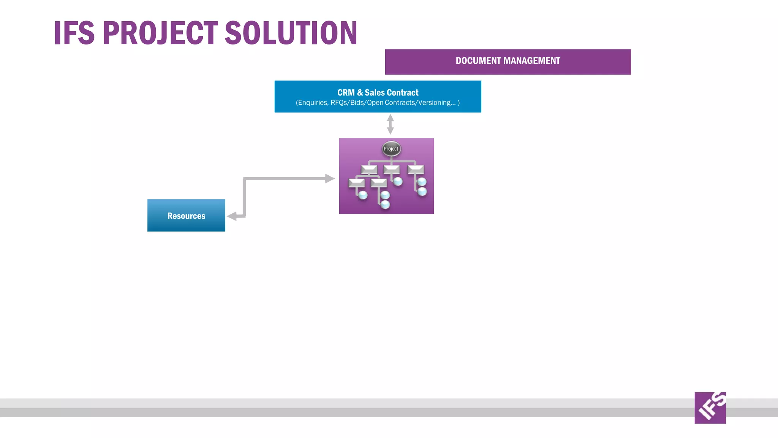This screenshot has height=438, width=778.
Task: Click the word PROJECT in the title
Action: (160, 33)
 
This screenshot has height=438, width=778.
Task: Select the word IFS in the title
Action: (74, 33)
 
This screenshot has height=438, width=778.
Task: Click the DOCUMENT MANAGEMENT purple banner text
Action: (508, 61)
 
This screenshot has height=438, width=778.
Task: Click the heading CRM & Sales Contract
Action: (378, 92)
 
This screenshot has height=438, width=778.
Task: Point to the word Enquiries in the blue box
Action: (313, 103)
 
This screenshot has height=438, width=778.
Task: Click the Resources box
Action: (186, 216)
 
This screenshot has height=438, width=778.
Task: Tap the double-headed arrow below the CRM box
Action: (390, 124)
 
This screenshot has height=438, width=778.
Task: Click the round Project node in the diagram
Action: (391, 149)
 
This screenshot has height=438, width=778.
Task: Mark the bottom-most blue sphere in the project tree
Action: (385, 205)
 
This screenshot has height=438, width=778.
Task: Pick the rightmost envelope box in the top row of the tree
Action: (416, 169)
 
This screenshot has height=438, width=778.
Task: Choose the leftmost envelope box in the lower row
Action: (356, 183)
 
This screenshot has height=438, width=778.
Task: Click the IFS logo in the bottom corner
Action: (710, 408)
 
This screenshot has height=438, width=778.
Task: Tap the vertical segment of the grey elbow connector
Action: (244, 198)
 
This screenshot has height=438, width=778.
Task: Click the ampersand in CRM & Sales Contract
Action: (360, 92)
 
